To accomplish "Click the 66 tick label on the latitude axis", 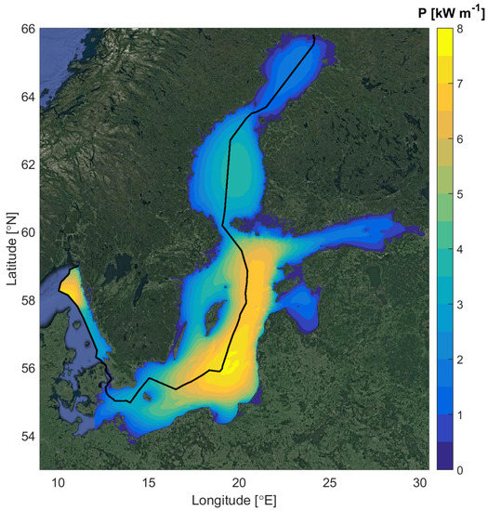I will (x=28, y=30).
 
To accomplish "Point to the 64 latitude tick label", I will (x=28, y=98).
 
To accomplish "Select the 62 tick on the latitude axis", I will (x=28, y=165).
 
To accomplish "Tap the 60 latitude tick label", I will (x=28, y=232).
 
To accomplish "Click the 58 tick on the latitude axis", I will (x=28, y=300).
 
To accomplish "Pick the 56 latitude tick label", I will (x=28, y=368).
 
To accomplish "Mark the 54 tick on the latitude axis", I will (x=28, y=436).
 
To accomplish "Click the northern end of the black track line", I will (x=314, y=35).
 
